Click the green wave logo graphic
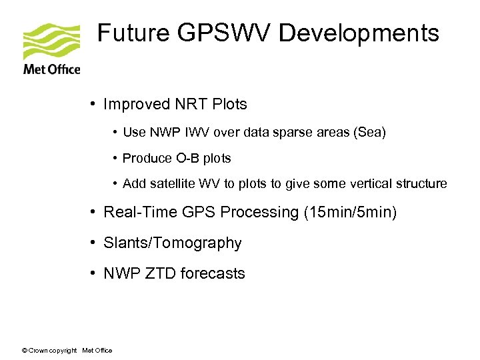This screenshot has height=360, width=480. coord(51,42)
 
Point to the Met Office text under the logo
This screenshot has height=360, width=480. coord(51,69)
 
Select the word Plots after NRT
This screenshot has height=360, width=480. coord(229,105)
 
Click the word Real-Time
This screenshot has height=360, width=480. coord(135,212)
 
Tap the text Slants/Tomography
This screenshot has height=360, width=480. coord(173,243)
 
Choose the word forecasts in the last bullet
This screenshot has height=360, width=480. coord(213,273)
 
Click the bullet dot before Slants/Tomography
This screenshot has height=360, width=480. coord(96,243)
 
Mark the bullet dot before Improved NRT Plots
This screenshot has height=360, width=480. coord(96,105)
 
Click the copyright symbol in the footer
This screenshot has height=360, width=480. coord(25,351)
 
